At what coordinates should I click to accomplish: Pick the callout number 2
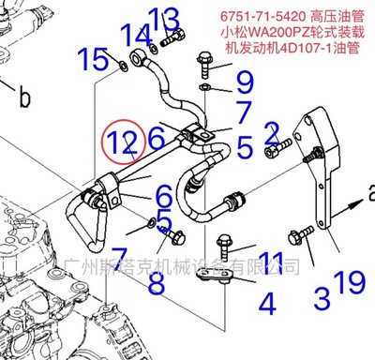coord(272,133)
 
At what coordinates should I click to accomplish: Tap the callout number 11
coord(271,261)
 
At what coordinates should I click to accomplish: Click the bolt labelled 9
coord(206,65)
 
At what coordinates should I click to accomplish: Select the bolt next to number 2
coord(277,148)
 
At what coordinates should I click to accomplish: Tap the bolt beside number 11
coord(224,243)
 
